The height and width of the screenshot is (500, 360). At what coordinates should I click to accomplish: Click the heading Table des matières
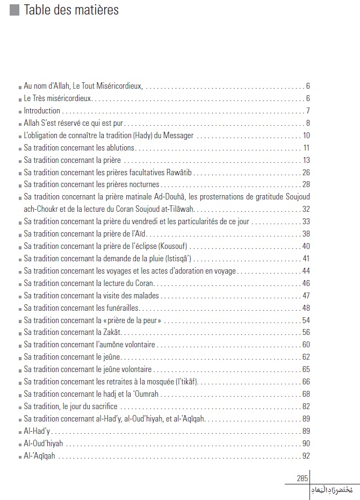click(x=71, y=10)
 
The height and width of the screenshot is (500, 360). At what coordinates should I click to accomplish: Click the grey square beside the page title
click(x=15, y=10)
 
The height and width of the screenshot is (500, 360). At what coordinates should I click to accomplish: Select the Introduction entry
click(x=42, y=111)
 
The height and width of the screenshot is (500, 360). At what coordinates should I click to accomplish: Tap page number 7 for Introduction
click(x=308, y=111)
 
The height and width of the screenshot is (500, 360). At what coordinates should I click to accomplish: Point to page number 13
click(x=306, y=160)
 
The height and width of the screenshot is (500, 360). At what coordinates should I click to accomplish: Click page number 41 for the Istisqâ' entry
click(x=306, y=259)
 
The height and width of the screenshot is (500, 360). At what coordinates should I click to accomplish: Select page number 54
click(x=306, y=320)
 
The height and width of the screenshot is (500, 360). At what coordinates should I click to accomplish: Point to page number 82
click(x=306, y=406)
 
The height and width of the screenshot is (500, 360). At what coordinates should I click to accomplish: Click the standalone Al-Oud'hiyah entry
click(x=44, y=444)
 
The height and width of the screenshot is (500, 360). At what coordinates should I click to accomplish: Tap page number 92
click(x=306, y=456)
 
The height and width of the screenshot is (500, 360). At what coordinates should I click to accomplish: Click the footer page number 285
click(x=302, y=478)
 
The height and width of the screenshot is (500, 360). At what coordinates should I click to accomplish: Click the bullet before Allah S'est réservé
click(x=20, y=124)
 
